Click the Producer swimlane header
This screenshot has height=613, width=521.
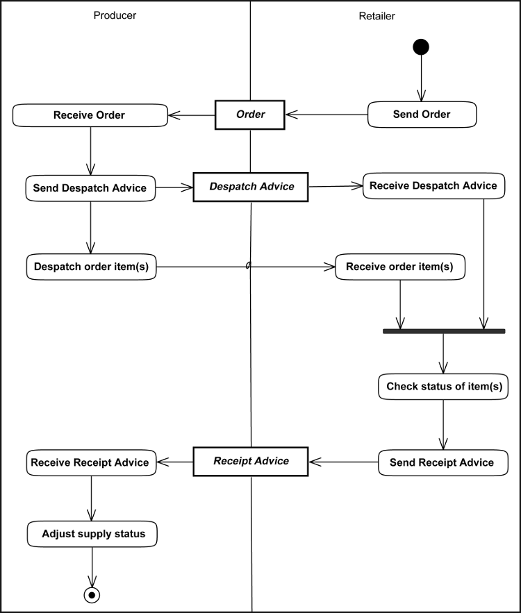click(115, 15)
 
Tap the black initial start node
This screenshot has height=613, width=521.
click(420, 47)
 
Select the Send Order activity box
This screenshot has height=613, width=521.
click(422, 115)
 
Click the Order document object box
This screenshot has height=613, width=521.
click(250, 115)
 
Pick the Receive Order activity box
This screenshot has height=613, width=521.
click(90, 115)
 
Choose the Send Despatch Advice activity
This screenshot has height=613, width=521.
click(90, 187)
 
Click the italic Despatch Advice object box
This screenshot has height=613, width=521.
click(251, 187)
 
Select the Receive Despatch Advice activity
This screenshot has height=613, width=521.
click(433, 186)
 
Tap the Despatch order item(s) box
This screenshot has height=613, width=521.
click(91, 267)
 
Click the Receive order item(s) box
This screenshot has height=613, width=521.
click(399, 267)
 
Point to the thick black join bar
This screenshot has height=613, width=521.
click(444, 332)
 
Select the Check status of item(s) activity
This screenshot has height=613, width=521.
click(443, 387)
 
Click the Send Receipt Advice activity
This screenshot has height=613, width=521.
click(443, 462)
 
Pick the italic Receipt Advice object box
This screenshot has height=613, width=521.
click(251, 461)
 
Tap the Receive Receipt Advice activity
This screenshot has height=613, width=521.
click(91, 462)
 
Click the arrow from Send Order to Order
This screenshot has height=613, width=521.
click(326, 115)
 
